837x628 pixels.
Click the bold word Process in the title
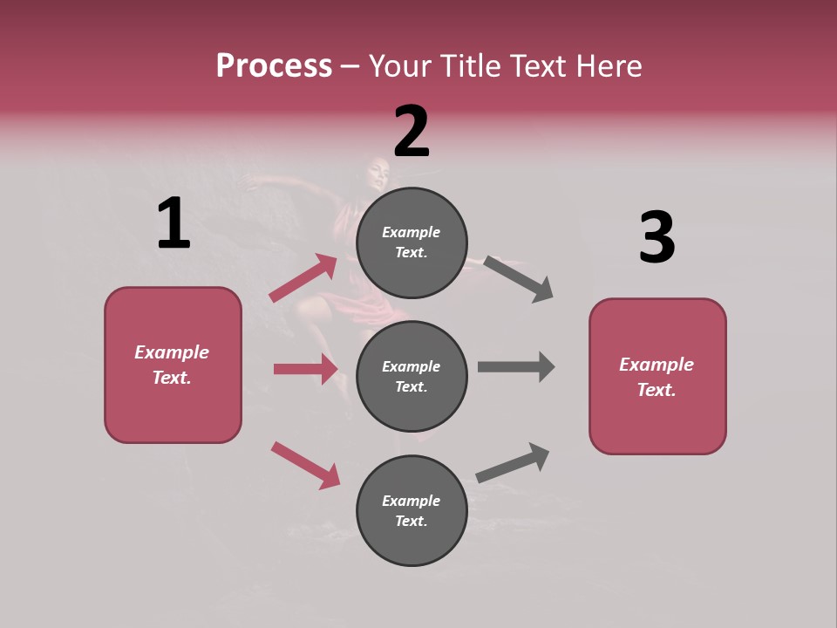(x=274, y=65)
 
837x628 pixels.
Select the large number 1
(x=174, y=223)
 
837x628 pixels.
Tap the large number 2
(x=412, y=132)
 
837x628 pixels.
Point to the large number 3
(x=657, y=238)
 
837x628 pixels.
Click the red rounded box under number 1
(x=173, y=365)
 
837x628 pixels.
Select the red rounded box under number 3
(x=657, y=376)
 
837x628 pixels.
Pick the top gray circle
(x=412, y=242)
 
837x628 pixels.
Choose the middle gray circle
(x=412, y=376)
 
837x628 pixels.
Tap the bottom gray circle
(x=412, y=510)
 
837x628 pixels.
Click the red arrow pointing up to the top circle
(x=303, y=278)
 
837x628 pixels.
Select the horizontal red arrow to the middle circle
(x=305, y=369)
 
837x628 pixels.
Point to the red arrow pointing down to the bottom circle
(x=305, y=465)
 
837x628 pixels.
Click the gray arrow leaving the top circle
(x=518, y=279)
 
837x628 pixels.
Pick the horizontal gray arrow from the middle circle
(x=516, y=366)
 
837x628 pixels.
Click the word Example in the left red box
(x=172, y=352)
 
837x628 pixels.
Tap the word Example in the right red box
(x=657, y=365)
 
